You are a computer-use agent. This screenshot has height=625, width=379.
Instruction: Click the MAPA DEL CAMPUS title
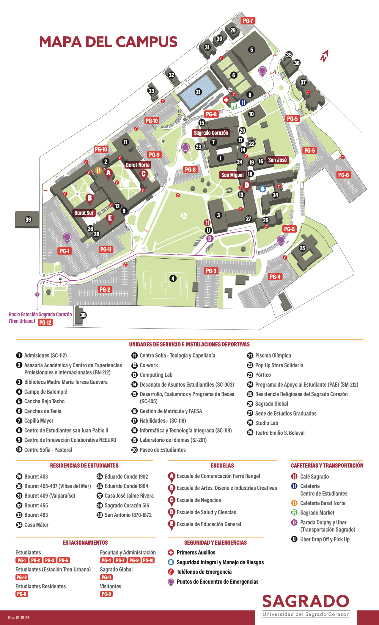click(x=108, y=42)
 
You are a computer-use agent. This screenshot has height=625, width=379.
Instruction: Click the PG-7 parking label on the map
click(x=248, y=21)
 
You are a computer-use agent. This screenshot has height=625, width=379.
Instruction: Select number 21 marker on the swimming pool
click(x=198, y=92)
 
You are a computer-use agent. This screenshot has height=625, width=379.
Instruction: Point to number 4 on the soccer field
click(x=173, y=278)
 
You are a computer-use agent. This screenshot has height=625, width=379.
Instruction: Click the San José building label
click(x=277, y=160)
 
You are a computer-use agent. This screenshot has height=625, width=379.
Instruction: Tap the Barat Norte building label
click(x=138, y=165)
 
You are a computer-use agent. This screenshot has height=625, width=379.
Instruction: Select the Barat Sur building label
click(x=84, y=213)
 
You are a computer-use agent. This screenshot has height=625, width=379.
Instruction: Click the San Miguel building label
click(x=232, y=175)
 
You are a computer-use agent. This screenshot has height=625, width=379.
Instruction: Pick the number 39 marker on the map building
click(x=28, y=220)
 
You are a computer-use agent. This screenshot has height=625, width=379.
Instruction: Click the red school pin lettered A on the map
click(x=108, y=173)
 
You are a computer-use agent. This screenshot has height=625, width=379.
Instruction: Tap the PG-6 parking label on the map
click(x=343, y=175)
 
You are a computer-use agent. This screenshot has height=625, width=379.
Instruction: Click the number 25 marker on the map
click(x=302, y=248)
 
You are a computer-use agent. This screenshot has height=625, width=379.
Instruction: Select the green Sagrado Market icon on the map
click(x=234, y=105)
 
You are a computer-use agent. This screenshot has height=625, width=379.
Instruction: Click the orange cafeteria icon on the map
click(x=98, y=170)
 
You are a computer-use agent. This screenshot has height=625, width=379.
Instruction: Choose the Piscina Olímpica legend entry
click(x=273, y=355)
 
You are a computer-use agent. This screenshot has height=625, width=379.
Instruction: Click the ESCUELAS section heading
click(x=222, y=465)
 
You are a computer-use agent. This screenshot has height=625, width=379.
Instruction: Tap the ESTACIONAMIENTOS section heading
click(x=85, y=543)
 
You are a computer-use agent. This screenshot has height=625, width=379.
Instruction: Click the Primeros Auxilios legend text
click(x=196, y=552)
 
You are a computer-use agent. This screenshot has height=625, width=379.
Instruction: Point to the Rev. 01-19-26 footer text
click(x=19, y=618)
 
